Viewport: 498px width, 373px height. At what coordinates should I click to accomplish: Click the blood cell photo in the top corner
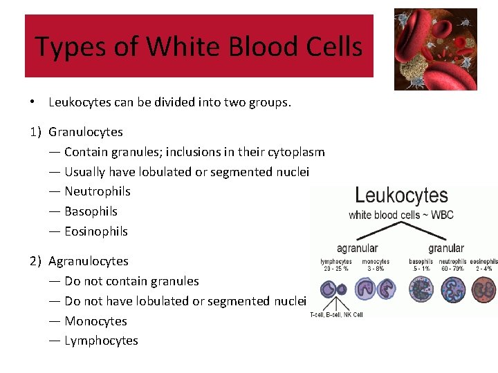coord(435,49)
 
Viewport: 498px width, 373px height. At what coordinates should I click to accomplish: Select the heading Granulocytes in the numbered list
coord(86,132)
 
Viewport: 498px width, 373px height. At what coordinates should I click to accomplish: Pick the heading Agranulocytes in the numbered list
coord(89,261)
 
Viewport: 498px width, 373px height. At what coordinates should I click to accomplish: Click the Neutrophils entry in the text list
coord(98,191)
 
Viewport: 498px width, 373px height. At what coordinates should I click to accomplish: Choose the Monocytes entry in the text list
coord(95,321)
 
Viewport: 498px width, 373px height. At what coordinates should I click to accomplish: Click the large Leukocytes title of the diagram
coord(401,195)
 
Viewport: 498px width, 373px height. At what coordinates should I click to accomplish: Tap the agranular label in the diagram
coord(357,248)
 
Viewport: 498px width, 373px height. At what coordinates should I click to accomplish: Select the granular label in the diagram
coord(446,248)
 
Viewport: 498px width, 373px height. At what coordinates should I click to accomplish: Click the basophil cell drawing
coord(421,289)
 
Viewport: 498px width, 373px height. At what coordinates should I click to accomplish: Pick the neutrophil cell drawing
coord(453,289)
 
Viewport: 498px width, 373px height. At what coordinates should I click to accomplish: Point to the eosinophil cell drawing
coord(484,289)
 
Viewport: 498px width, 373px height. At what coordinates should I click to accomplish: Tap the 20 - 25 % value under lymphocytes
coord(336,268)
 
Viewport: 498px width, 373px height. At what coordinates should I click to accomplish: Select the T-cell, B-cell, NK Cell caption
coord(336,314)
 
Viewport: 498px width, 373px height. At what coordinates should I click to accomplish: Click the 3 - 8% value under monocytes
coord(375,268)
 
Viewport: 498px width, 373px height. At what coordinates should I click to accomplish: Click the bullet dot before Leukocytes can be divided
coord(33,102)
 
